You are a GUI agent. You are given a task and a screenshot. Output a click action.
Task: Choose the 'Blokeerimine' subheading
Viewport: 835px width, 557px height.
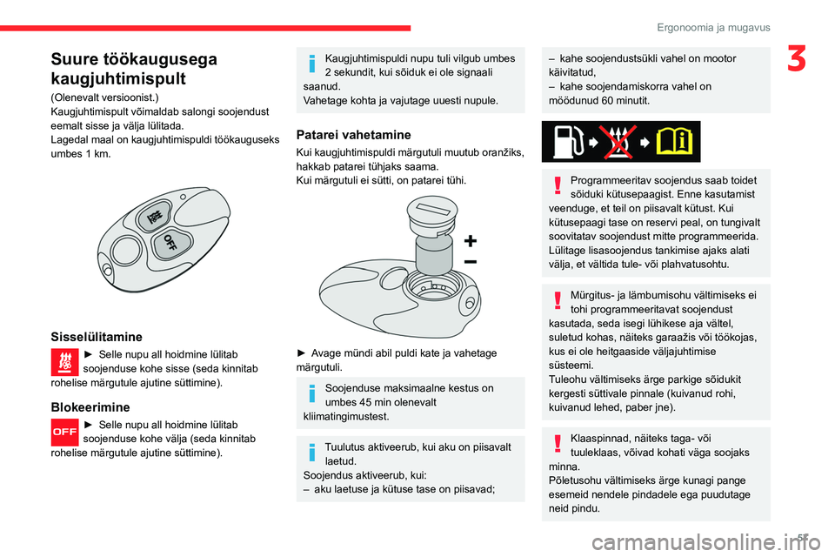point(90,406)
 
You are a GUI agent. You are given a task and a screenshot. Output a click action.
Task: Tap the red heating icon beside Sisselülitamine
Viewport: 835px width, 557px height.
point(64,361)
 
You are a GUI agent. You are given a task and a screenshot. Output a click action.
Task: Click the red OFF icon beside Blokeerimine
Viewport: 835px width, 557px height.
point(64,432)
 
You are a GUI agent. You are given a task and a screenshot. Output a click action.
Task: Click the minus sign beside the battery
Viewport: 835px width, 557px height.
point(470,261)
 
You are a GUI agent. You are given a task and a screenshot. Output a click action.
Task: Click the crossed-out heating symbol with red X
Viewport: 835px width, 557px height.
point(620,142)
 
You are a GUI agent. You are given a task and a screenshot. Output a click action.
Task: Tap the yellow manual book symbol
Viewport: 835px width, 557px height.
point(676,142)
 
